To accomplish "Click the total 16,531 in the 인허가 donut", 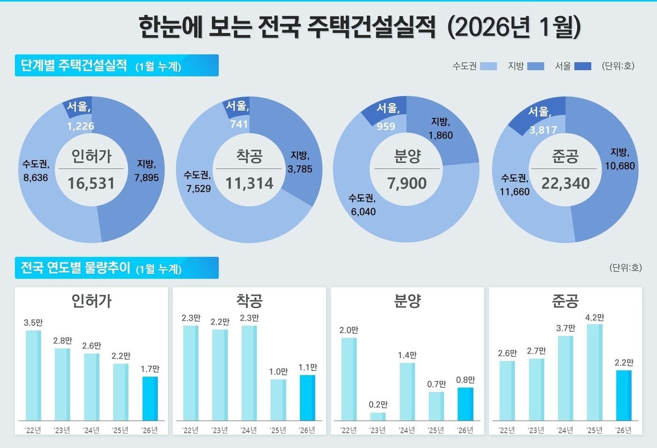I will click(91, 183).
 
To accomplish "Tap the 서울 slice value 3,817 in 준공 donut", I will click(543, 130).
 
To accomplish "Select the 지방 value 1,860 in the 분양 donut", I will click(440, 135).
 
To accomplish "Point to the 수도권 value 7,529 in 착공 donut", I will click(198, 188).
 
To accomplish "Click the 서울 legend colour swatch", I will click(582, 66).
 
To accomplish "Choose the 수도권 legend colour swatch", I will click(489, 66).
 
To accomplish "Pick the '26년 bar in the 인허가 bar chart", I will click(150, 398).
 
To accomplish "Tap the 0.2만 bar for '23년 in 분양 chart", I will click(378, 416).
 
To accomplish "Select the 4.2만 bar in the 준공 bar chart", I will click(594, 372).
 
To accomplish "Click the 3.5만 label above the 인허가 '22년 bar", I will click(33, 323).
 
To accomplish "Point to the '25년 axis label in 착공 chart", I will click(278, 430).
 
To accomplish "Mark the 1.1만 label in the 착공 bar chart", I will click(308, 367).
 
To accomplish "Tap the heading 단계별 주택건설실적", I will click(74, 65).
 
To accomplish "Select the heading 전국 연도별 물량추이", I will click(75, 268).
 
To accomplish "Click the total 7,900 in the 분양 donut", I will click(407, 183).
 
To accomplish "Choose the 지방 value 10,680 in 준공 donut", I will click(619, 166).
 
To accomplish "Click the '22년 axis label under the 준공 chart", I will click(506, 430).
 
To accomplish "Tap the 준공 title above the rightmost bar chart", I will click(565, 301).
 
